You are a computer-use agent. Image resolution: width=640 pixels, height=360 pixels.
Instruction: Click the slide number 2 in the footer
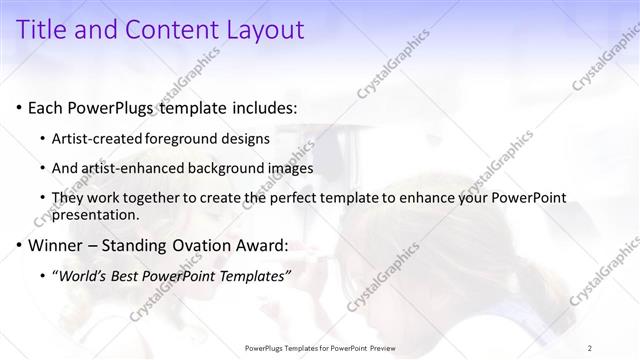(590, 348)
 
